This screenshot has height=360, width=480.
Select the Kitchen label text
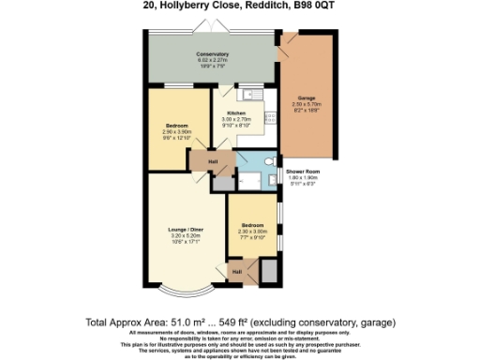coord(235,113)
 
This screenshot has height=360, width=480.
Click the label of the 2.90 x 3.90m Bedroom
coord(178,126)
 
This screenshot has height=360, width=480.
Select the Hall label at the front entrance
coord(237,271)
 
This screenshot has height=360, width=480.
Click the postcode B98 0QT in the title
coord(320,7)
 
